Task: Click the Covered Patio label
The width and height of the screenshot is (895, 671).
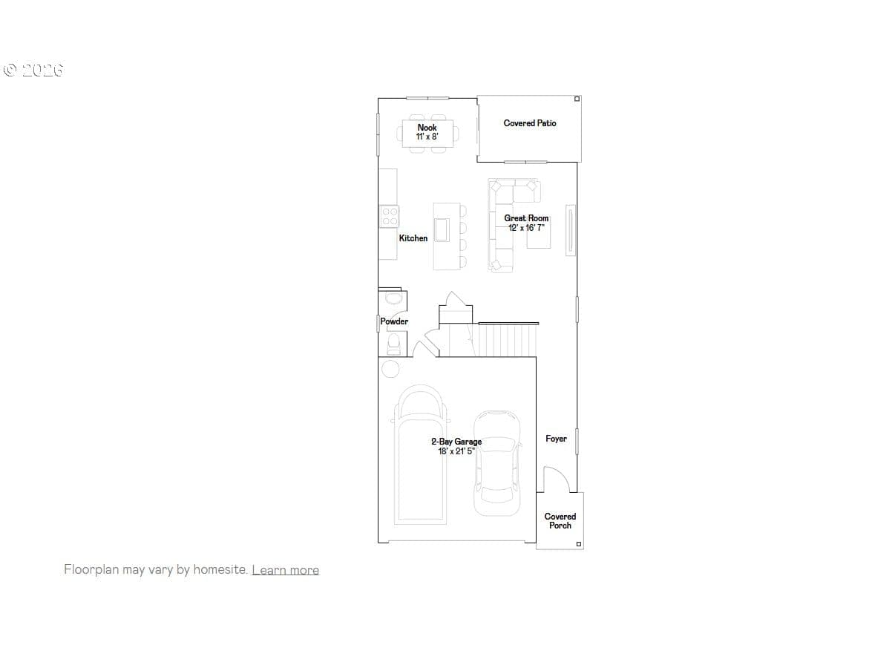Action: (x=529, y=123)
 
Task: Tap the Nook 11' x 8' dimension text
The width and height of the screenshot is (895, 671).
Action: (x=427, y=137)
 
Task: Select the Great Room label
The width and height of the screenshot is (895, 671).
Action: (x=526, y=218)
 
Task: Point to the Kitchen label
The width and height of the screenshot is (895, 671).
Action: (x=413, y=238)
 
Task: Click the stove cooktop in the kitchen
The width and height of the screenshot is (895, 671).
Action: (x=390, y=216)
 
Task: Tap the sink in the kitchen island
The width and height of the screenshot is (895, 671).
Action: (x=442, y=230)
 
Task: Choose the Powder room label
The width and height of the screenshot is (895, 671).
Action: (x=394, y=321)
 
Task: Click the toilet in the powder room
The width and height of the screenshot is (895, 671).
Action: (x=393, y=344)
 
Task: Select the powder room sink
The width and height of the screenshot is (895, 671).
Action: (x=393, y=298)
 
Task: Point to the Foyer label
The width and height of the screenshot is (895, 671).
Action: (x=556, y=439)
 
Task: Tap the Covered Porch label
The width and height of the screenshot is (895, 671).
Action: (x=560, y=520)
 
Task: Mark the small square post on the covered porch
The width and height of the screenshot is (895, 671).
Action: (x=578, y=544)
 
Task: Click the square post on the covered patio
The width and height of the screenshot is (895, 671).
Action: (x=577, y=99)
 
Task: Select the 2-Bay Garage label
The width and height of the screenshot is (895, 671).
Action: (x=456, y=442)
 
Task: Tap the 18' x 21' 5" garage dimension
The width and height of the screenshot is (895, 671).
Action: (x=456, y=451)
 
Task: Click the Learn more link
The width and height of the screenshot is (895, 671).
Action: (x=286, y=569)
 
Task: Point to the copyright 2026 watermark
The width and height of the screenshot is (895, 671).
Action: (x=33, y=70)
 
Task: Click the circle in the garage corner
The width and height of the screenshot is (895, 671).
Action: (x=390, y=369)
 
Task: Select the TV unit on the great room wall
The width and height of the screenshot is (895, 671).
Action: (x=570, y=230)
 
